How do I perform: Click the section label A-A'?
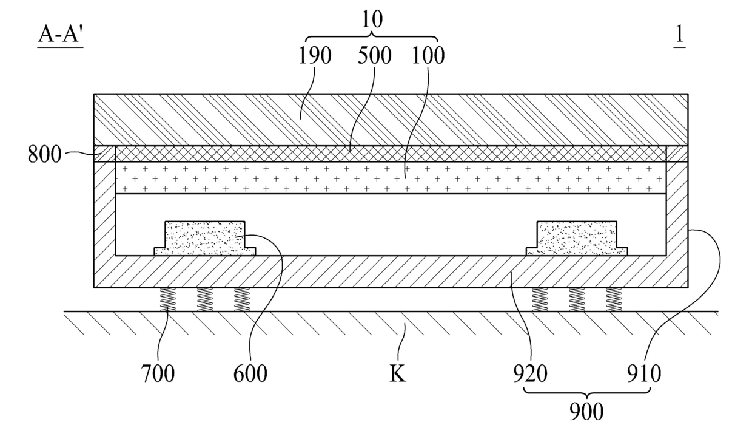[60, 36]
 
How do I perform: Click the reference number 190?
[315, 56]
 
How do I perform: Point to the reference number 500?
[374, 56]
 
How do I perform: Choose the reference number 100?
[428, 56]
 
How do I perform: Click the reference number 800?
[44, 155]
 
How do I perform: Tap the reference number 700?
[158, 374]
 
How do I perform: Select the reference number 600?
[250, 374]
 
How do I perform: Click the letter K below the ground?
[397, 374]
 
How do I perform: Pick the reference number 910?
[644, 374]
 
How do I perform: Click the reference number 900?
[586, 412]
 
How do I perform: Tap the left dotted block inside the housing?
[205, 239]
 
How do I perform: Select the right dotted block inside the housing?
[577, 239]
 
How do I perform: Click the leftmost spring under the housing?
[167, 299]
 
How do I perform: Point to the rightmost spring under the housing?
[614, 299]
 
